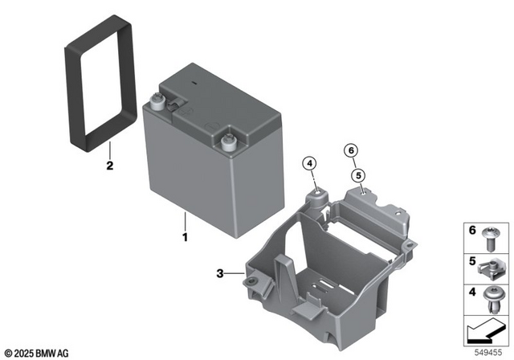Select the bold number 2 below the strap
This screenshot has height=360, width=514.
pyautogui.click(x=110, y=167)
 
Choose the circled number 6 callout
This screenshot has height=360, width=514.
pyautogui.click(x=350, y=149)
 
